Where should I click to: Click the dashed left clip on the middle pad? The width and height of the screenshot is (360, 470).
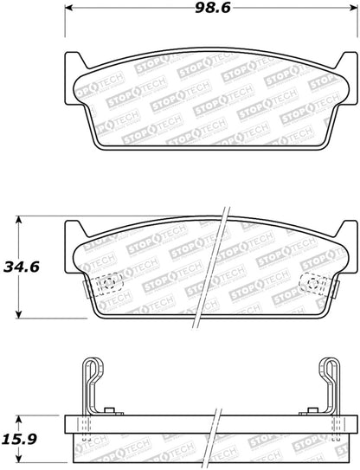[x=108, y=284]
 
